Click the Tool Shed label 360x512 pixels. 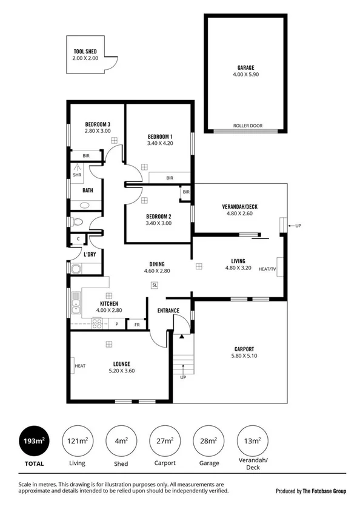coord(85,52)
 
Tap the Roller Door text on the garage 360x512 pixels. coord(245,127)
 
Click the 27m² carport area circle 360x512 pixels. coord(164,441)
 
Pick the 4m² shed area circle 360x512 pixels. coord(121,441)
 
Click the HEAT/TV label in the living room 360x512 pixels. coord(267,269)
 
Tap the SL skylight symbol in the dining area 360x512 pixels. coord(155,285)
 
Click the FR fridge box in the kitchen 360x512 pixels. coord(137,325)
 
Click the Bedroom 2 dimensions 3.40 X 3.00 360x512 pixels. coord(159,223)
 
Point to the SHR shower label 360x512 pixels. coord(77,175)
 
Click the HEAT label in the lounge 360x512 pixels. coord(79,366)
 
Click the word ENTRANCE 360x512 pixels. coord(168,311)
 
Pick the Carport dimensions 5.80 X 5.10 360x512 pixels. coord(244,356)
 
